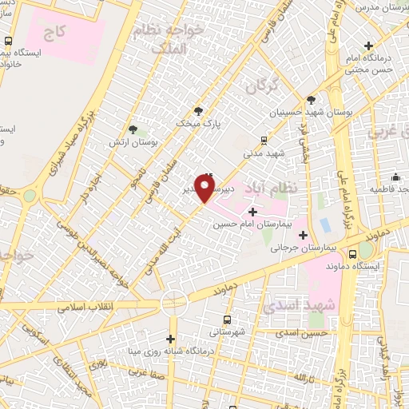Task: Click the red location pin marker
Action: [205, 188]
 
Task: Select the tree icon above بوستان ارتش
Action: [133, 127]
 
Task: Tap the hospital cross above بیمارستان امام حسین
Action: [253, 212]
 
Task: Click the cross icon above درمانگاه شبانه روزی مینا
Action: [171, 339]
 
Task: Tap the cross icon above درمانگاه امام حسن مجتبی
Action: [368, 46]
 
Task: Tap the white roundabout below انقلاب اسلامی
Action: [173, 303]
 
